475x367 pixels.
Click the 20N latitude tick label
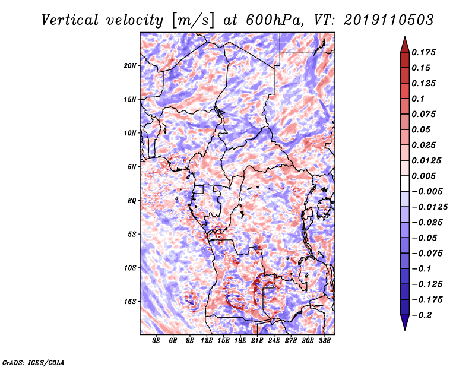(x=130, y=66)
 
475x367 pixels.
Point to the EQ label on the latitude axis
(x=131, y=201)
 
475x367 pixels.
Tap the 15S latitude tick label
(x=130, y=302)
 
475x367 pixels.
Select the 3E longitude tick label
(x=156, y=341)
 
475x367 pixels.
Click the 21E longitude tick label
(x=257, y=341)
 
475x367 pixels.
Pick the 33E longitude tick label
(x=324, y=341)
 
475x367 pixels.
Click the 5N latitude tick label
(x=132, y=167)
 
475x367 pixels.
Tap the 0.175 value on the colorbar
(x=423, y=52)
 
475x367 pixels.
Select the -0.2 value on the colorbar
(x=422, y=315)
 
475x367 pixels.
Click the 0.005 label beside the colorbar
(x=423, y=176)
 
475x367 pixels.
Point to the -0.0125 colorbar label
(x=429, y=207)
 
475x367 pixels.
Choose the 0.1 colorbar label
(x=418, y=99)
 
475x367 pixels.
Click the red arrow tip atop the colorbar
(x=405, y=37)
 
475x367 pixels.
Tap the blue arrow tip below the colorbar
(x=405, y=330)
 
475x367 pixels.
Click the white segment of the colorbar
(x=405, y=183)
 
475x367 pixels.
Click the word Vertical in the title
(x=69, y=20)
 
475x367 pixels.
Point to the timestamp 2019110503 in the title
(x=389, y=20)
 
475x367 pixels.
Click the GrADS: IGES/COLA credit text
(x=33, y=362)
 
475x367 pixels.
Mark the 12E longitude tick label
(x=207, y=341)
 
